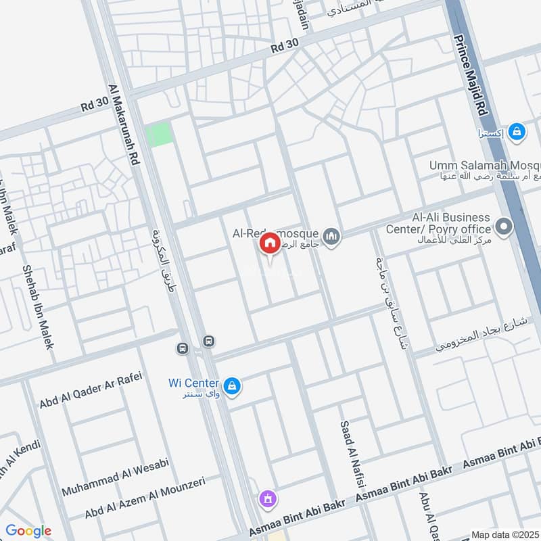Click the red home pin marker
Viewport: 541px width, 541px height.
click(x=270, y=244)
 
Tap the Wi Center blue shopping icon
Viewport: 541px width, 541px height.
click(x=231, y=385)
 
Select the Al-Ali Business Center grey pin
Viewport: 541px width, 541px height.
click(x=503, y=227)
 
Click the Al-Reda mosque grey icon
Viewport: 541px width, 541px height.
click(x=331, y=236)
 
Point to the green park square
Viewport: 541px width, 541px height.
click(x=160, y=135)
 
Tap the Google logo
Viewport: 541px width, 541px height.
click(x=28, y=531)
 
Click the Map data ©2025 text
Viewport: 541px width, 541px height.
click(x=504, y=535)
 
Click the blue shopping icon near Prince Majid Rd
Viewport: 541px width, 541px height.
click(x=517, y=132)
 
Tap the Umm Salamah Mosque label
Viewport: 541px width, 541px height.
click(x=484, y=165)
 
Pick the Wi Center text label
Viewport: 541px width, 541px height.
click(x=193, y=383)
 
